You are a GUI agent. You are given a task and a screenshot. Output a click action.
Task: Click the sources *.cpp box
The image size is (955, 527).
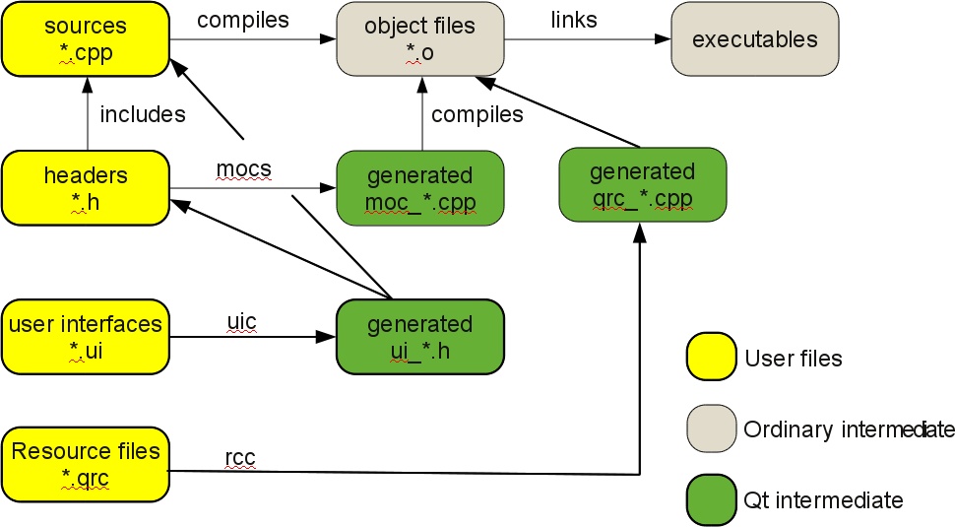pos(85,39)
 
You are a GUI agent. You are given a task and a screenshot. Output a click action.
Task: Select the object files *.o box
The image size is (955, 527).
pos(420,39)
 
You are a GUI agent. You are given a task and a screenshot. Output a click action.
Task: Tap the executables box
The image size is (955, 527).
pos(754,39)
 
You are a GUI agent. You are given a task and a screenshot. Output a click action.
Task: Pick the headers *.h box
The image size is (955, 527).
pos(85,187)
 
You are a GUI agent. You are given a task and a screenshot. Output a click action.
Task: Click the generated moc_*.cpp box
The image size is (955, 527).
pos(420,188)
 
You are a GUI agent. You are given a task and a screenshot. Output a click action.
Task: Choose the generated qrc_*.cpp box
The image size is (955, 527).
pos(642,184)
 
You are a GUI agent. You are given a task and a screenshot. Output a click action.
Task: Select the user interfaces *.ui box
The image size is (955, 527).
pos(85,336)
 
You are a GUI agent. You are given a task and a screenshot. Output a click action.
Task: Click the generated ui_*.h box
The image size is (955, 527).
pos(420,336)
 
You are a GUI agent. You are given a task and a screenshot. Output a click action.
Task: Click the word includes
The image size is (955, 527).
pos(143,114)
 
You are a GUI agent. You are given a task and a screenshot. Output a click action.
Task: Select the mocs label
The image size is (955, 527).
pos(243,168)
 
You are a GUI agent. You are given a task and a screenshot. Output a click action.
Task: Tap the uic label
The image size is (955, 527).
pos(241,321)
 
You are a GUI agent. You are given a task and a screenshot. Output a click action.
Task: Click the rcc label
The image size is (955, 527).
pos(240,457)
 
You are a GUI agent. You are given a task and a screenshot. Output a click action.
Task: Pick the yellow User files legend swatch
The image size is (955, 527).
pos(711,357)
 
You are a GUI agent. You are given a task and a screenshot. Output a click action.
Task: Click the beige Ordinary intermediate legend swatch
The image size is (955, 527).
pos(711,428)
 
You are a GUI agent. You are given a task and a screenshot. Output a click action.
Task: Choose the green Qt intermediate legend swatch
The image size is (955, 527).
pos(711,499)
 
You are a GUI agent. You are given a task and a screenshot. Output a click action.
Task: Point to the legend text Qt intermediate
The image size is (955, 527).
pos(823,500)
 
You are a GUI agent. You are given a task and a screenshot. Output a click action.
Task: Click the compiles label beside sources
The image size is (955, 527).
pos(242,20)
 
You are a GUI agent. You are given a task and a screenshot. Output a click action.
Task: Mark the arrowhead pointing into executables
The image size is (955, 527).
pos(663,39)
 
